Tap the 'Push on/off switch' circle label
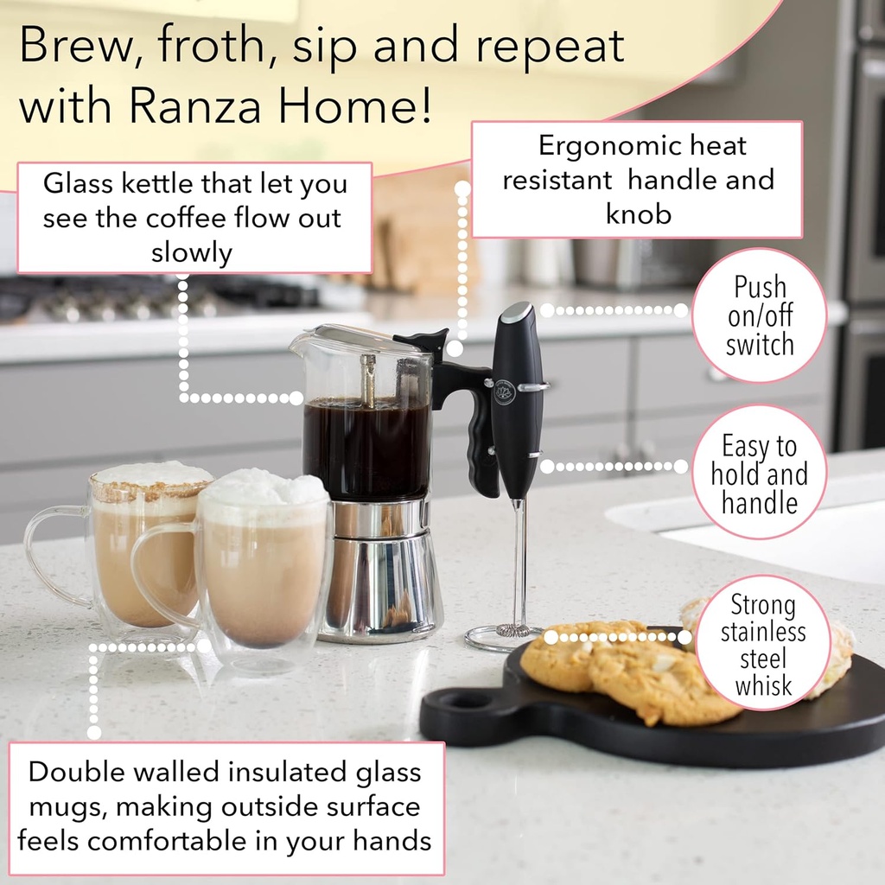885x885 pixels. click(x=760, y=316)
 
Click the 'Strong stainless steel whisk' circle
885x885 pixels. click(x=763, y=645)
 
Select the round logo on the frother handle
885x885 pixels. click(x=504, y=392)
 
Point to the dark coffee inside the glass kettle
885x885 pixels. click(x=366, y=449)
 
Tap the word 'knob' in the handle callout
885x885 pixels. click(x=638, y=213)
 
